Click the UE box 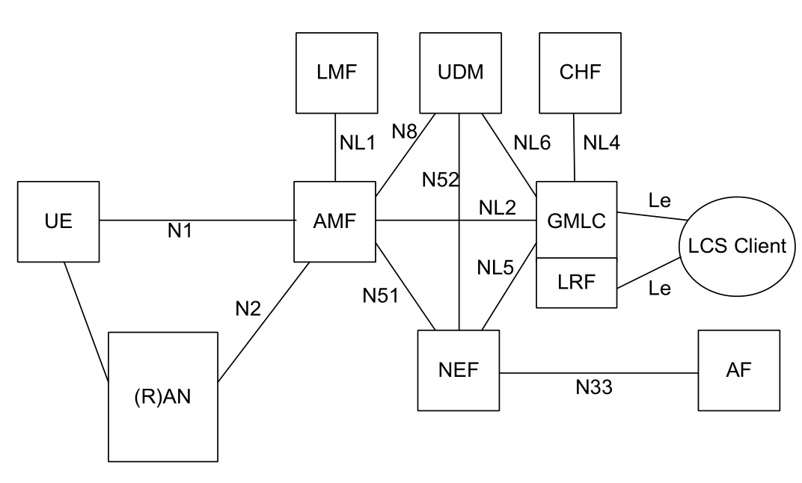point(58,221)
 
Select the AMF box point(336,221)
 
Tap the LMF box point(336,72)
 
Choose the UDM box point(459,72)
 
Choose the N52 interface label point(440,179)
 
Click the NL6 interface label point(533,143)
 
